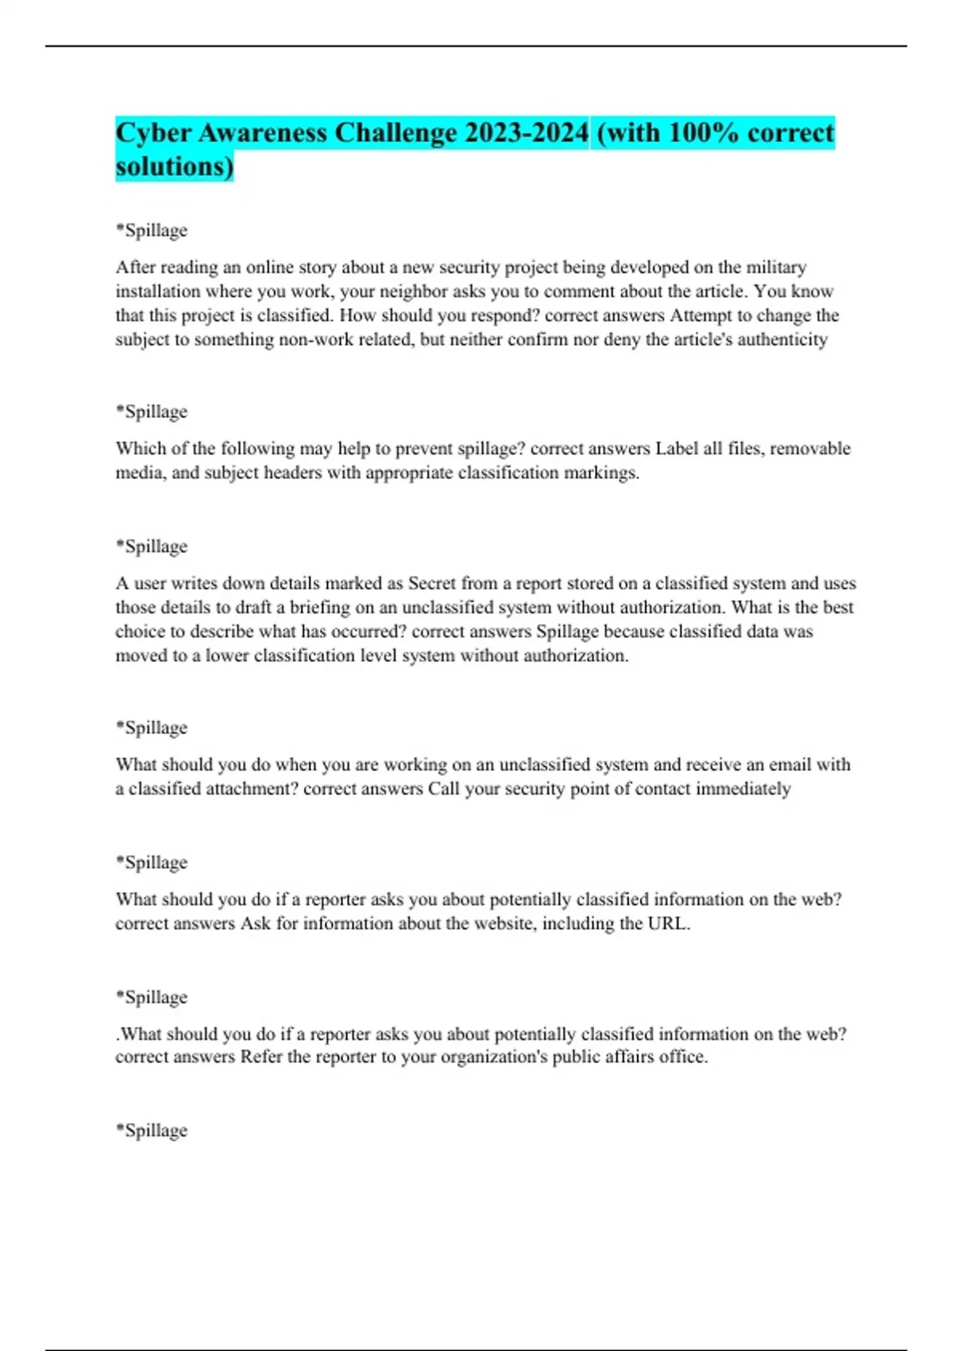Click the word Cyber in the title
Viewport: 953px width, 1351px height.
[x=153, y=133]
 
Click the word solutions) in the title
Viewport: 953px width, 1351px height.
[x=175, y=167]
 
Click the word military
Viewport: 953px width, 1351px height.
[x=776, y=267]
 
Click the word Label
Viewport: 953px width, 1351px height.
[x=677, y=448]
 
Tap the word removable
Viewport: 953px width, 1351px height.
[x=810, y=448]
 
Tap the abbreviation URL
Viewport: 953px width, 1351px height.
[x=668, y=923]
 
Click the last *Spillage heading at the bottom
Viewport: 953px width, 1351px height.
[x=152, y=1130]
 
